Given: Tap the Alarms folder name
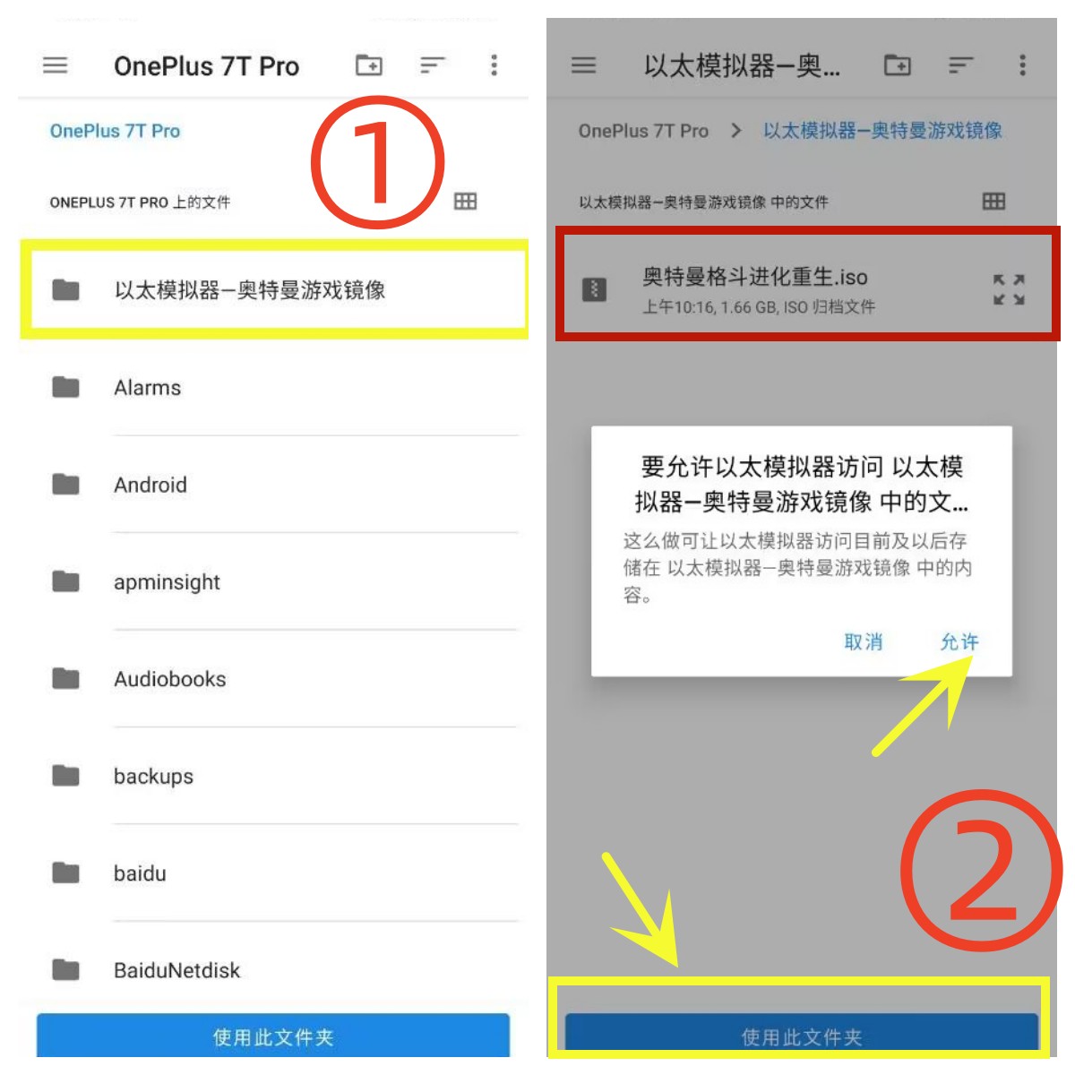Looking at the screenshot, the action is coord(147,388).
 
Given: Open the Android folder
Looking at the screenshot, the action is coord(150,485).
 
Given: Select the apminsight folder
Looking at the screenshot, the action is coord(167,583).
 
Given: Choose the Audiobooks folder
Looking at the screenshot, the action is coord(170,679).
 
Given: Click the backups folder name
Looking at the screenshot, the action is coord(153,777).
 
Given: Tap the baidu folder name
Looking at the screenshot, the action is coord(140,873).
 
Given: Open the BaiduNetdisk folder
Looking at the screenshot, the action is coord(176,971).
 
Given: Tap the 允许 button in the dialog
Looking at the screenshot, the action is coord(959,642).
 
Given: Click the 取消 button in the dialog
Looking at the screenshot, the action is coord(863,642).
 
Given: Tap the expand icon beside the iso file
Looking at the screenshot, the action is coord(1009,289).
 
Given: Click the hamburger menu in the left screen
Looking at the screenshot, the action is coord(56,65).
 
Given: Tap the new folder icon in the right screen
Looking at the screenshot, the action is coord(897,65).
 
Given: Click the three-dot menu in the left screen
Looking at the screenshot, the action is coord(494,65).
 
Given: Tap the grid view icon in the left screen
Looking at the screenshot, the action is coord(465,202).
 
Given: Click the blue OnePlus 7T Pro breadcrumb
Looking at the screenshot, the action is coord(115,131).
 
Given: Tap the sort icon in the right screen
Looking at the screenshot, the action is coord(960,65).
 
